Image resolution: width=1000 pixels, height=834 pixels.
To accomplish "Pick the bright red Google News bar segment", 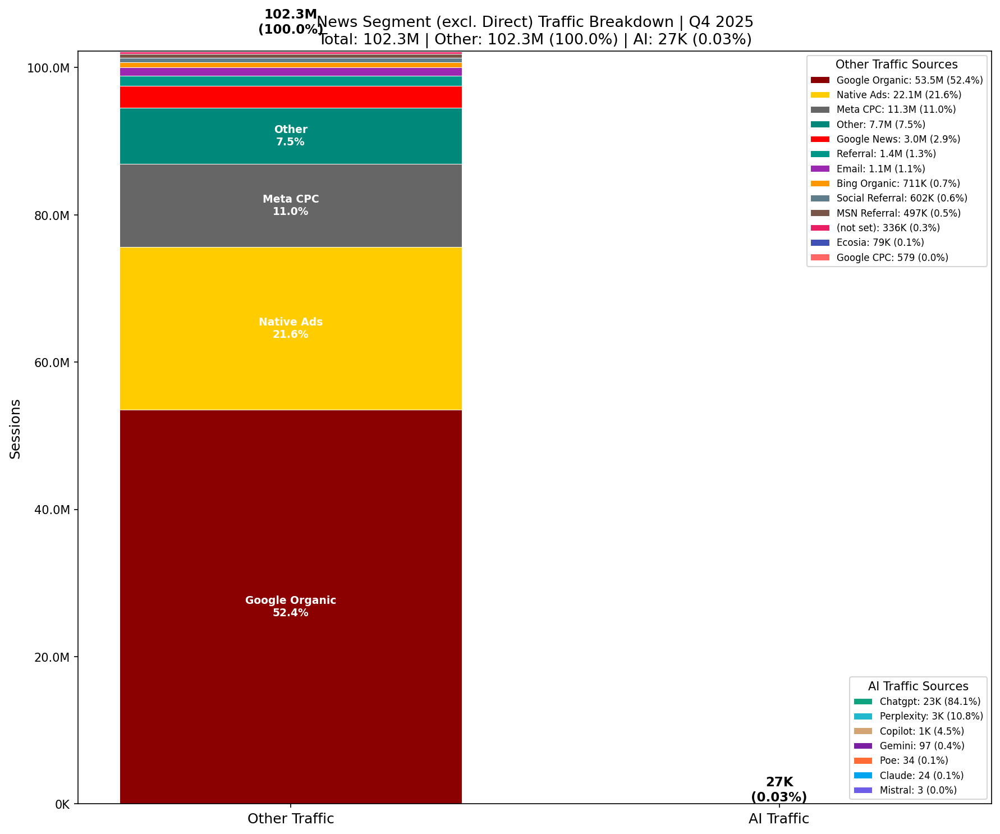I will pos(291,97).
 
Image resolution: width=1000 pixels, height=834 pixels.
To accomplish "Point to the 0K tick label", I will pos(62,805).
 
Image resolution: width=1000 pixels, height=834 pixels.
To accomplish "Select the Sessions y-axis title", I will pos(16,429).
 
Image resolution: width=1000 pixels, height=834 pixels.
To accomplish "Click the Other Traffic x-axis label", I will pos(291,819).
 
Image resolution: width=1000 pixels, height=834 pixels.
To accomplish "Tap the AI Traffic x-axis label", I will pos(779,819).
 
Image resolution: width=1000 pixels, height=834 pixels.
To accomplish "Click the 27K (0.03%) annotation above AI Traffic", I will pos(779,789).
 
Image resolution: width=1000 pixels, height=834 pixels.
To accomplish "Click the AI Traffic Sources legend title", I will pos(918,686).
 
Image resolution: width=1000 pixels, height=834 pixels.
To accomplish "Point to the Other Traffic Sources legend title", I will pos(896,65).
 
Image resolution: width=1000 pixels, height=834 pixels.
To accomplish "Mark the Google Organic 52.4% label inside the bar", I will pos(291,606).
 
